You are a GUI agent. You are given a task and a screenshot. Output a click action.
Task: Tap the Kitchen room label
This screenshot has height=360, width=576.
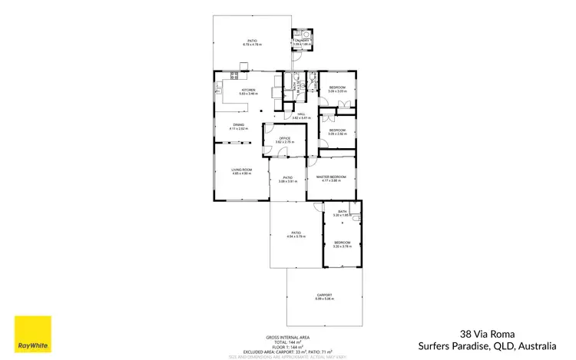click(x=248, y=91)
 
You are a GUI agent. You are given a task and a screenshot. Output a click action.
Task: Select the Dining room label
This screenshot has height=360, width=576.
click(x=239, y=126)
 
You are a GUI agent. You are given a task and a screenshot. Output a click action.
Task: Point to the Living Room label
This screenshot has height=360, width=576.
click(x=242, y=171)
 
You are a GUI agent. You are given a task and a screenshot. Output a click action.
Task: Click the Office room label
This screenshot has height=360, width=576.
click(x=284, y=139)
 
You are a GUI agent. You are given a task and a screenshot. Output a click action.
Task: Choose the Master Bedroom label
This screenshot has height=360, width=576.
click(x=332, y=177)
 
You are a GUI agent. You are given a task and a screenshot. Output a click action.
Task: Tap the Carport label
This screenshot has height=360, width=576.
click(x=324, y=295)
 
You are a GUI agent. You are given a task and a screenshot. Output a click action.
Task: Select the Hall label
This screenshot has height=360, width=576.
click(x=301, y=114)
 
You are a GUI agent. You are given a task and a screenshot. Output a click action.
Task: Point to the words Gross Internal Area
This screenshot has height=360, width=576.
click(x=288, y=337)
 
